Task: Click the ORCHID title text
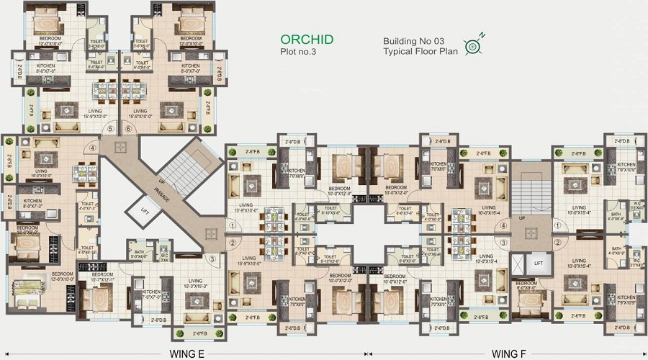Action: tap(306, 40)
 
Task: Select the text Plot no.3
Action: tap(298, 52)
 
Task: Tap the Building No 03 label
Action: tap(415, 42)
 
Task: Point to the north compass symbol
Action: tap(473, 46)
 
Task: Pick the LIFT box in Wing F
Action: tap(538, 264)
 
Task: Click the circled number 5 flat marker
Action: tap(110, 130)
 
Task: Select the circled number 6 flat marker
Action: tap(128, 130)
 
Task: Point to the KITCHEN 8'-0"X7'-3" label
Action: tap(33, 203)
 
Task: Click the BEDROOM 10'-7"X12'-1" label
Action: tap(102, 276)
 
